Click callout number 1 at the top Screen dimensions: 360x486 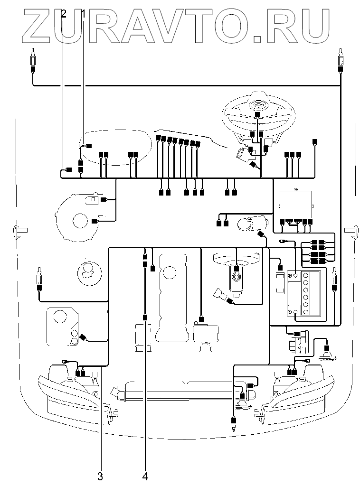tap(84, 14)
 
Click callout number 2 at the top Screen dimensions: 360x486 tap(64, 14)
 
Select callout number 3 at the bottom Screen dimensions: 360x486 tap(100, 476)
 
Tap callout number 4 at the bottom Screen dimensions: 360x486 tap(145, 476)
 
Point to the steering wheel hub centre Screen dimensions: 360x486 tap(257, 106)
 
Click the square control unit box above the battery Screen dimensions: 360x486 tap(296, 205)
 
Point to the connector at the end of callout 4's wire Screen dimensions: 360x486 tap(145, 317)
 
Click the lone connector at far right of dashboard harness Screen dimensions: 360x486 tap(315, 142)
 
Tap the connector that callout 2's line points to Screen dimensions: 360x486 tap(69, 169)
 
